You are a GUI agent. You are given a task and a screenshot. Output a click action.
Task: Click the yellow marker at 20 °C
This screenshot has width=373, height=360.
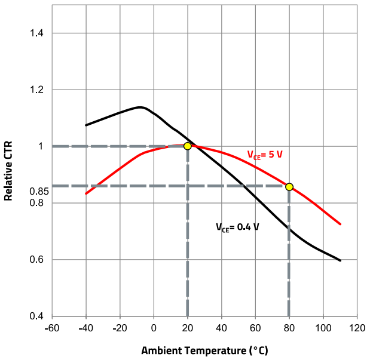click(187, 146)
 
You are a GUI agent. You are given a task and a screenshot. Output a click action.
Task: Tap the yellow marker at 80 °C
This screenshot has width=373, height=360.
click(289, 187)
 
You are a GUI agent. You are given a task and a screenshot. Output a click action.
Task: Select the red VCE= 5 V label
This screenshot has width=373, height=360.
click(265, 155)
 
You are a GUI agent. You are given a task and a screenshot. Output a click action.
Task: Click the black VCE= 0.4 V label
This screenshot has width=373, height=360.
click(237, 227)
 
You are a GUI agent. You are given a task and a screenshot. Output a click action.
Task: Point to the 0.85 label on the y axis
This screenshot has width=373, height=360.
click(39, 192)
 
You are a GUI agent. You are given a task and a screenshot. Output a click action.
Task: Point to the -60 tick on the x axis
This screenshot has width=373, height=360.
click(52, 328)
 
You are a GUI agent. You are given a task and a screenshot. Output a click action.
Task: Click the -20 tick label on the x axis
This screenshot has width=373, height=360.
click(120, 328)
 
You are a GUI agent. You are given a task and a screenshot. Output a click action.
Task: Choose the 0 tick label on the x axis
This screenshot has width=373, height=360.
click(154, 328)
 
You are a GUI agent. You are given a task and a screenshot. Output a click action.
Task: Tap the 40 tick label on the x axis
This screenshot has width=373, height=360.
click(221, 328)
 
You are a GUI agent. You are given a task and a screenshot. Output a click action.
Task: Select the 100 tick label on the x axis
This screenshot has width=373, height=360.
click(323, 328)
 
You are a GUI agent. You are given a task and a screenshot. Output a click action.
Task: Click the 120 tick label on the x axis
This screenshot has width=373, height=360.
click(357, 328)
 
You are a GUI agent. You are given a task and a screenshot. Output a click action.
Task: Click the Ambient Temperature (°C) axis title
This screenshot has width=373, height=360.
click(204, 349)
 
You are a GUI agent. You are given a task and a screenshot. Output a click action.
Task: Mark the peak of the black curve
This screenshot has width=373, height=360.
click(141, 107)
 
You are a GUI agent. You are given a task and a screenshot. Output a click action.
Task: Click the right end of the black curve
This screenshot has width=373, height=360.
click(340, 260)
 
